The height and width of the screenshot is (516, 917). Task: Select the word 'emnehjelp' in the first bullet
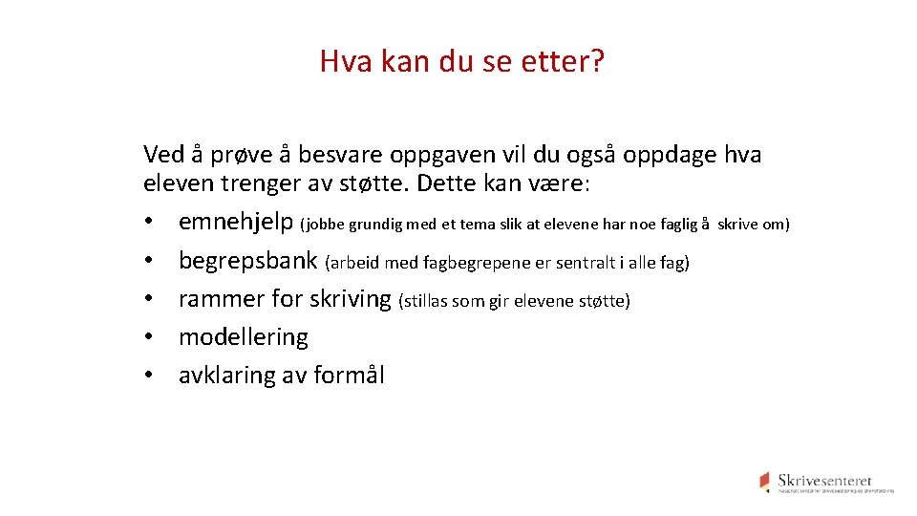point(236,224)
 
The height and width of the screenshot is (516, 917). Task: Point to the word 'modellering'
point(244,337)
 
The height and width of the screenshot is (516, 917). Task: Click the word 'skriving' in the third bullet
point(351,299)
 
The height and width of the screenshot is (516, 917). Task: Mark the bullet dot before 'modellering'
point(149,339)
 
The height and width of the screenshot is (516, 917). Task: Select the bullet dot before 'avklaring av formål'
point(149,376)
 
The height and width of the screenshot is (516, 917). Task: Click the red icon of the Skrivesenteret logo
point(764,481)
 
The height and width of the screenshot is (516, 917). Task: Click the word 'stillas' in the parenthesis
point(426,302)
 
